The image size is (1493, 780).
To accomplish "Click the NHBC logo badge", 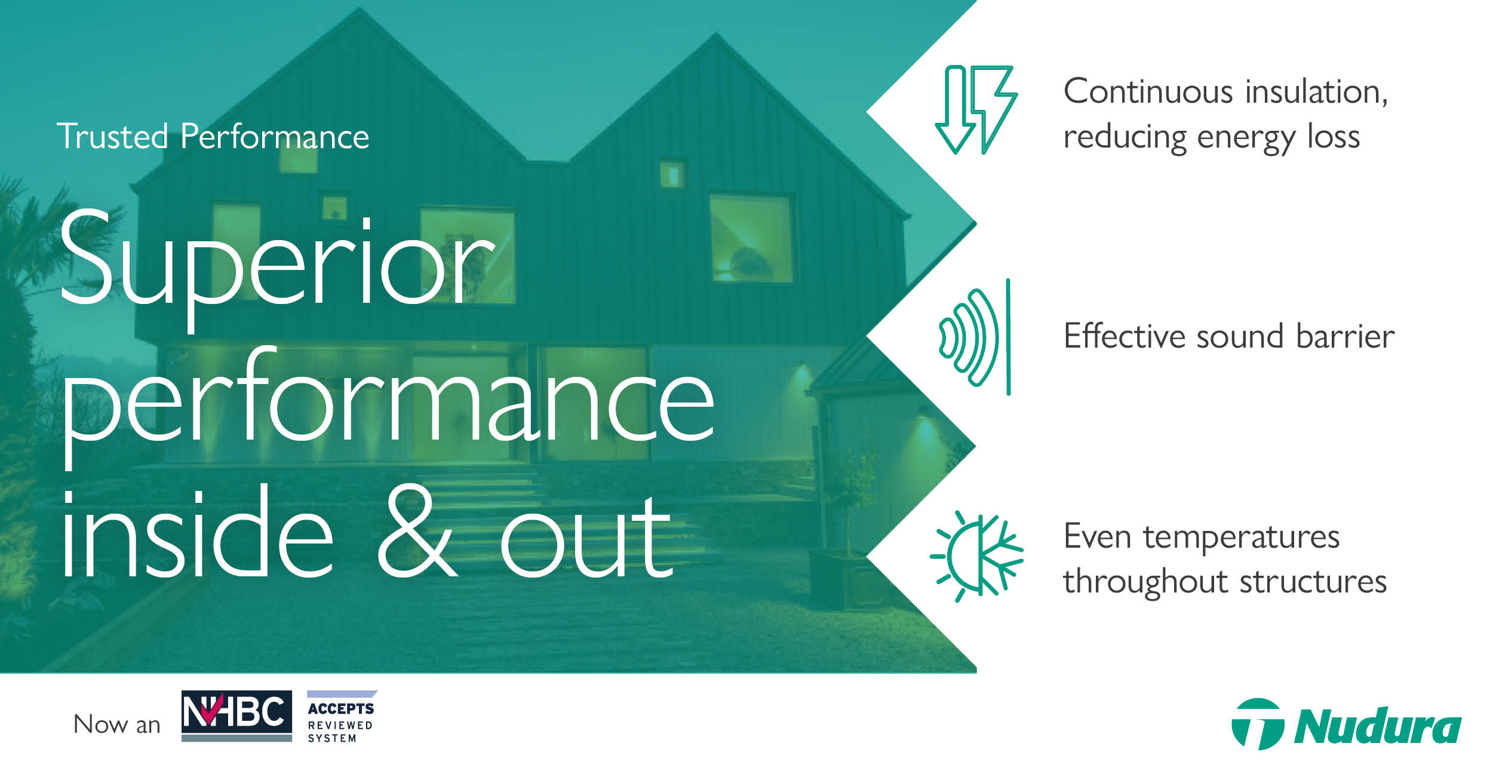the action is click(236, 715).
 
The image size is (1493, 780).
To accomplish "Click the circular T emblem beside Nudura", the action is click(1257, 724).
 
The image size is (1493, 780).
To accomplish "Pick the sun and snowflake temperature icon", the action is click(976, 556).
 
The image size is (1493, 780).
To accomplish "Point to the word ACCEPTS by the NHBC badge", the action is click(341, 709).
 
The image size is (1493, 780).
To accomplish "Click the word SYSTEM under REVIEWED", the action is click(332, 738).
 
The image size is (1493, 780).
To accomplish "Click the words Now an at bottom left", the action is click(117, 724).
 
